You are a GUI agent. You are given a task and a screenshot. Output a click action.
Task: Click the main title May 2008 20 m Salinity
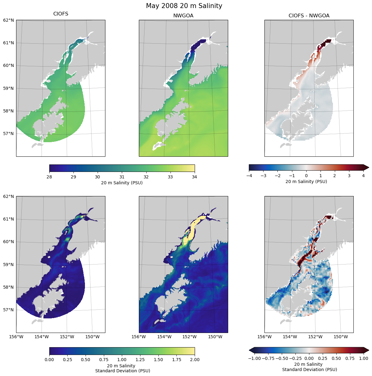(x=184, y=6)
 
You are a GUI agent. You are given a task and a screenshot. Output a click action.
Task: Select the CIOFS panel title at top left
(x=61, y=14)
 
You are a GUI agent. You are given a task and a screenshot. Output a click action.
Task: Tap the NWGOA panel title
(x=183, y=15)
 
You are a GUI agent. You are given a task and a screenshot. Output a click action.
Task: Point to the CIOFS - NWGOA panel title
(x=309, y=15)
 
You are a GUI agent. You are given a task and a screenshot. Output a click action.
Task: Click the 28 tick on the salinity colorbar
(x=49, y=177)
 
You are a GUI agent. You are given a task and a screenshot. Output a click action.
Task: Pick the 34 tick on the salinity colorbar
(x=194, y=177)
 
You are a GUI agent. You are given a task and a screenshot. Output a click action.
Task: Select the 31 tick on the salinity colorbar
(x=122, y=177)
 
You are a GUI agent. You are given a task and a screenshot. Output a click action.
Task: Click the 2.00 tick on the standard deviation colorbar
(x=195, y=360)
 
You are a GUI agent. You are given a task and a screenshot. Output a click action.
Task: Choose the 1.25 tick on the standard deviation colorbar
(x=140, y=360)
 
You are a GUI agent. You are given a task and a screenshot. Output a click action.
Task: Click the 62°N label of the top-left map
(x=9, y=20)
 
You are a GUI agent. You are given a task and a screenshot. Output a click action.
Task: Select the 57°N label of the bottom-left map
(x=9, y=310)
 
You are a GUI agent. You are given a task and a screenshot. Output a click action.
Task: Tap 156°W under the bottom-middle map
(x=139, y=337)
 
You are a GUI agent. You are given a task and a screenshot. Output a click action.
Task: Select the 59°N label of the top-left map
(x=9, y=88)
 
